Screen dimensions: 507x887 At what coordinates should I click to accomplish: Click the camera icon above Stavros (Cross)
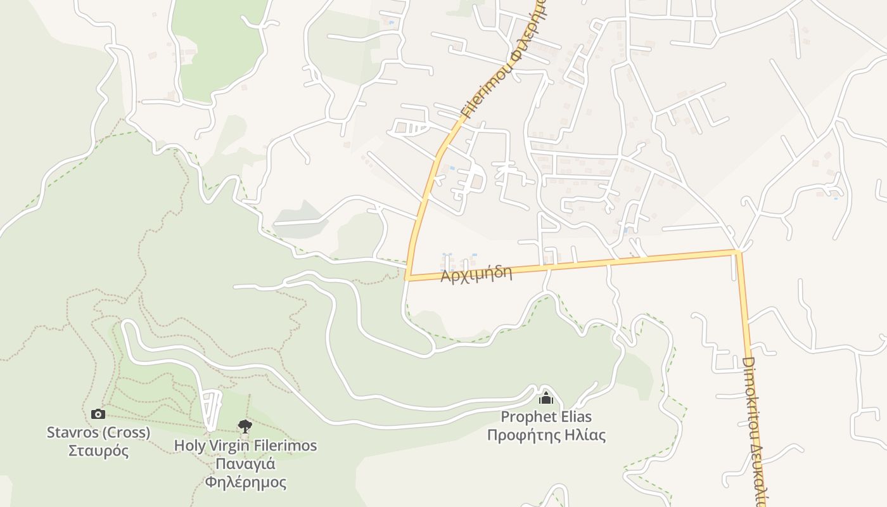pos(98,414)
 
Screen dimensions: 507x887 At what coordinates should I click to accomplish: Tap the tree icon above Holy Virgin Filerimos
pos(245,426)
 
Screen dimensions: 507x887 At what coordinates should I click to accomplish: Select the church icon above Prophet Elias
pos(546,398)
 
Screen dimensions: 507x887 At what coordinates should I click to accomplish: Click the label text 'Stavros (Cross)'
pos(98,433)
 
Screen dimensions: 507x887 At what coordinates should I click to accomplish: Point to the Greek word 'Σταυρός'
pos(98,451)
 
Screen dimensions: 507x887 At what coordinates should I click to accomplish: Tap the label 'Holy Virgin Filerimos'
pos(245,446)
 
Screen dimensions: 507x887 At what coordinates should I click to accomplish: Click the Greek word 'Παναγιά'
pos(245,464)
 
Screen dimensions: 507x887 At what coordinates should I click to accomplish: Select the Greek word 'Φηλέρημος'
pos(245,482)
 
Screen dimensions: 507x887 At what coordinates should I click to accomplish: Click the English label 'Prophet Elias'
pos(546,417)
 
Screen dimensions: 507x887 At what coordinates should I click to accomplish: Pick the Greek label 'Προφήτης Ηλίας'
pos(546,435)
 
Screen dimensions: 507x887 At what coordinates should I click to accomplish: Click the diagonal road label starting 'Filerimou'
pos(503,60)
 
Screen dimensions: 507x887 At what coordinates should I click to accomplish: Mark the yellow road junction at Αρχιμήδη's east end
pos(737,252)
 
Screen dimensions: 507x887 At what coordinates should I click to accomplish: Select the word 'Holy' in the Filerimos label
pos(189,446)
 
